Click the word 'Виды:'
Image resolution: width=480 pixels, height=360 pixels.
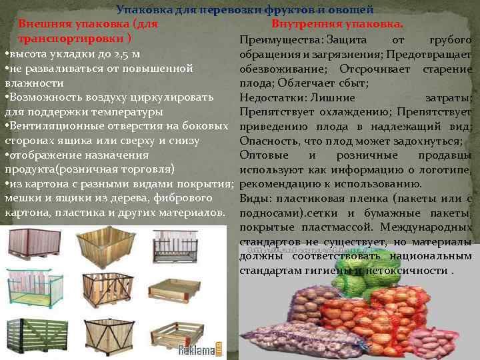[x=252, y=199]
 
